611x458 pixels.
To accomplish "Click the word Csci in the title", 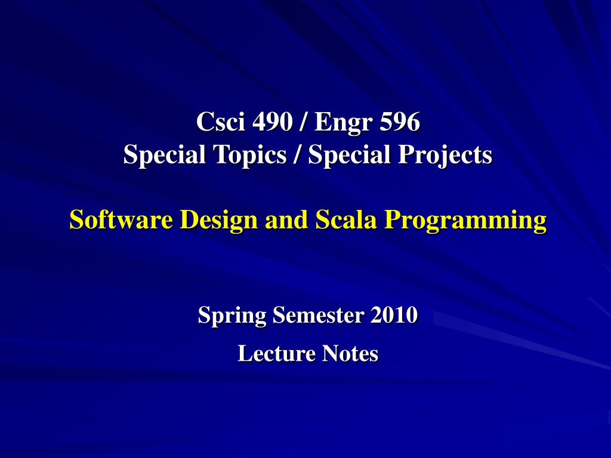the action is click(x=221, y=121).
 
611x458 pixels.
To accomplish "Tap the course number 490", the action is click(x=272, y=122).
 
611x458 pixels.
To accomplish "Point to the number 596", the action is click(x=400, y=122).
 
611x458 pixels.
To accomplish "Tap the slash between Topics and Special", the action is click(x=298, y=154).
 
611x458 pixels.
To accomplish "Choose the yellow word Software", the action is click(x=121, y=219).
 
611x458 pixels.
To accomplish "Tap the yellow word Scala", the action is click(x=346, y=219).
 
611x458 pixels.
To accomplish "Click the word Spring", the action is click(x=232, y=315).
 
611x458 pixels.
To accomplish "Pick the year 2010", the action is click(x=394, y=315).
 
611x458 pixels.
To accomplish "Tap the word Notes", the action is click(x=350, y=353).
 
